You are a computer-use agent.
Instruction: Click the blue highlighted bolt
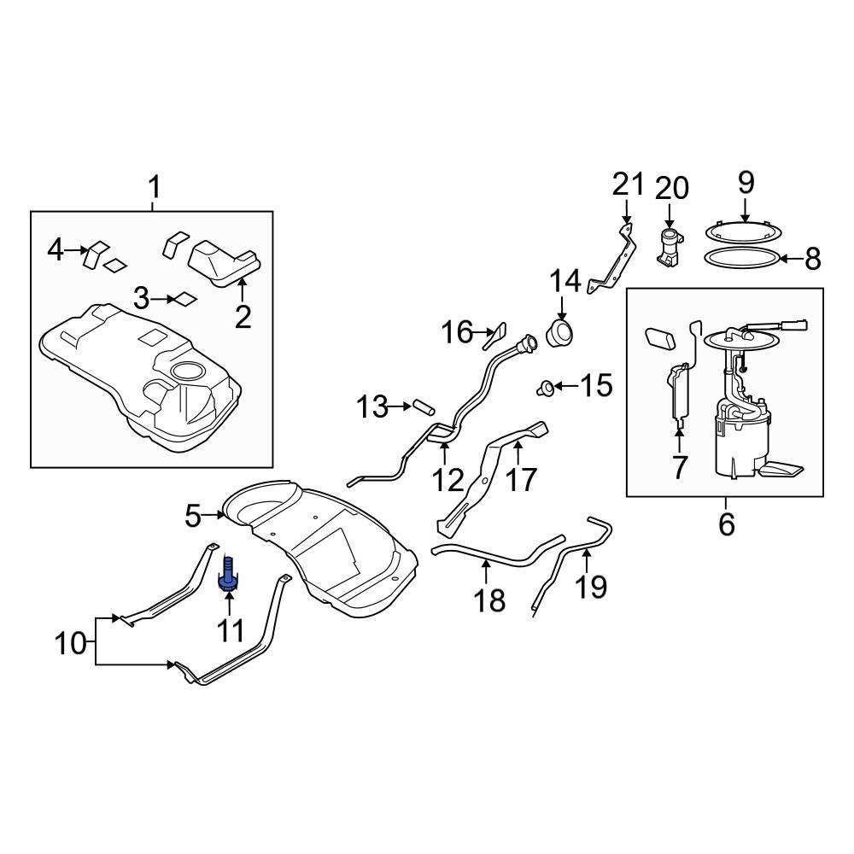pyautogui.click(x=228, y=573)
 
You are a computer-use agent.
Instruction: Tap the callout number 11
pyautogui.click(x=230, y=631)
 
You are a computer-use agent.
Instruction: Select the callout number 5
pyautogui.click(x=193, y=515)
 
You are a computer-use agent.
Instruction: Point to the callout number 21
pyautogui.click(x=628, y=184)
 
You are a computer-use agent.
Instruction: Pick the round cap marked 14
pyautogui.click(x=560, y=333)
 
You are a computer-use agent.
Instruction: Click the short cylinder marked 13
pyautogui.click(x=424, y=407)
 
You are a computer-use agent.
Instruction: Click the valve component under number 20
pyautogui.click(x=670, y=248)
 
